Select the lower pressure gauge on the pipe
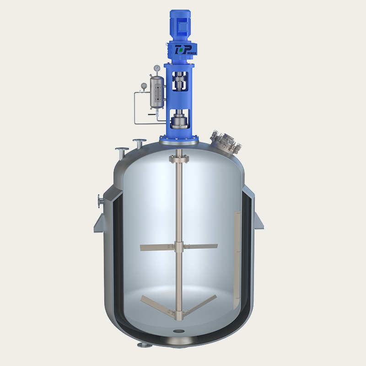click(144, 85)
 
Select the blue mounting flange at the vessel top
click(179, 138)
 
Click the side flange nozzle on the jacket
click(100, 201)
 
